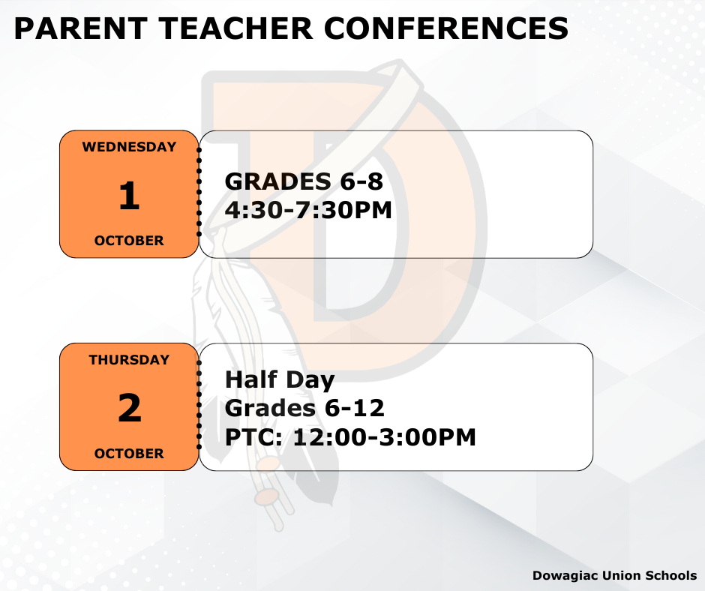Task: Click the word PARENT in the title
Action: click(81, 28)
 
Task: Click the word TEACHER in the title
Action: click(236, 28)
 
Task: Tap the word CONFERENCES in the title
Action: click(446, 28)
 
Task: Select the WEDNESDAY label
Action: click(129, 147)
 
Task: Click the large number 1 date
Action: click(130, 195)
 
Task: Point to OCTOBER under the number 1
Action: click(129, 241)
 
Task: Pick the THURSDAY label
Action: click(129, 360)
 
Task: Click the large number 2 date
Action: click(130, 407)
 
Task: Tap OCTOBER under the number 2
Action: click(129, 453)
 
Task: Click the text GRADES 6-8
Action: click(304, 181)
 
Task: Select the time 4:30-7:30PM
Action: click(308, 210)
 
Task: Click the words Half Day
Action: click(280, 380)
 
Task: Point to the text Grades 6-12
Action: click(304, 409)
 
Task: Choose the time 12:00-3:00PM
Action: click(385, 437)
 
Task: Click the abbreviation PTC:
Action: click(254, 437)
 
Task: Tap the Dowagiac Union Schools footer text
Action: click(615, 576)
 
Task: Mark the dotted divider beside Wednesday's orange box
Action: click(199, 191)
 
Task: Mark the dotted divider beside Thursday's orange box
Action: click(199, 404)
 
